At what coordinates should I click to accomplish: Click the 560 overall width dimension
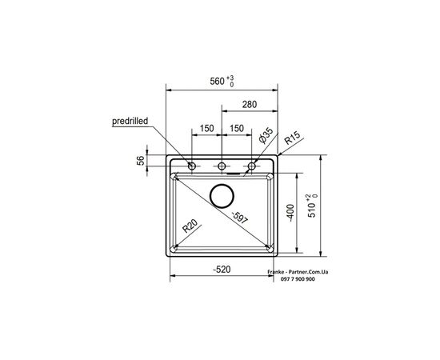217,82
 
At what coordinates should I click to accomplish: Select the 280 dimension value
250,104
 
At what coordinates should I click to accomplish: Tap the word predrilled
130,122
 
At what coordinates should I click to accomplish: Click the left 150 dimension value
207,129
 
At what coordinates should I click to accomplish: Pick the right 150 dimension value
237,129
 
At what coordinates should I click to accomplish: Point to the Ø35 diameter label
266,135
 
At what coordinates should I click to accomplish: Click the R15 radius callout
292,138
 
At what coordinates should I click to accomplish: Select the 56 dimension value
141,160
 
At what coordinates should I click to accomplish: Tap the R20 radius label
190,226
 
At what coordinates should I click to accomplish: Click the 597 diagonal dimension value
240,218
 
